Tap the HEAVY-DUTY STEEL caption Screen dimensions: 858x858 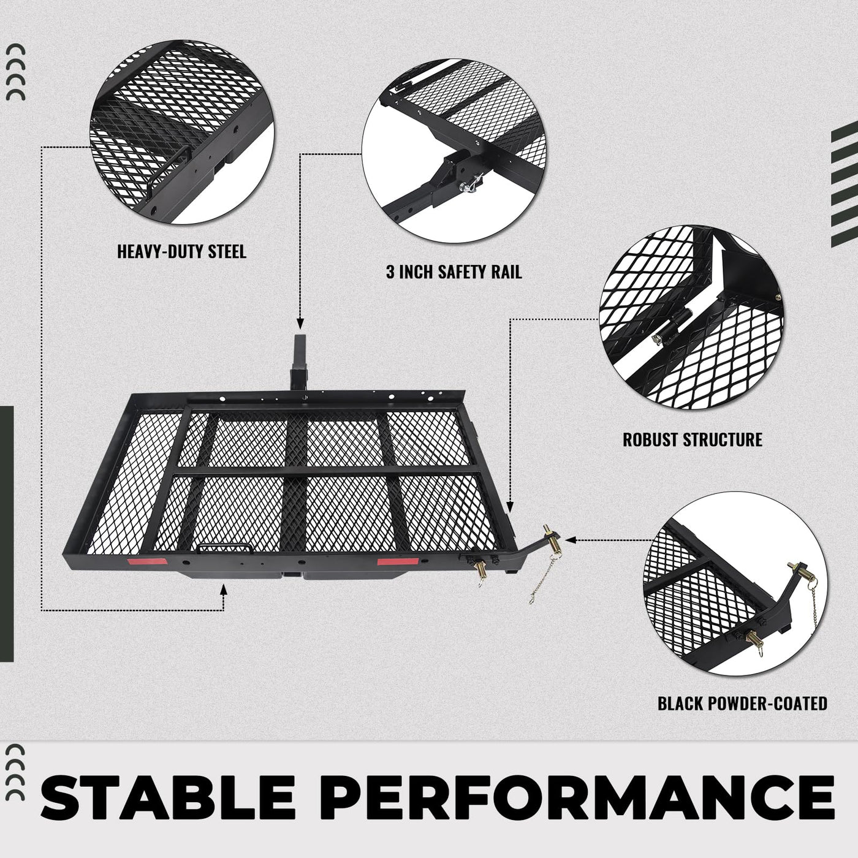point(181,251)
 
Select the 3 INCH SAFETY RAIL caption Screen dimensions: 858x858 point(454,271)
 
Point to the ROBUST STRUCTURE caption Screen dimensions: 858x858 point(693,439)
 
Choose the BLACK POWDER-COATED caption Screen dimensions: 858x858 point(742,704)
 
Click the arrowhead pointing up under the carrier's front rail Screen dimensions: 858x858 point(224,591)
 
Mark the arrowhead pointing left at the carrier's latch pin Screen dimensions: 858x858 point(570,540)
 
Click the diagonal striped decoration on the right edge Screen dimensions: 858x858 point(844,184)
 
